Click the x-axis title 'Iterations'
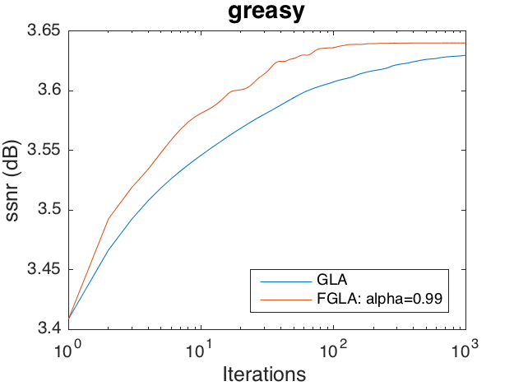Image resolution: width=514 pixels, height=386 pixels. coord(265,374)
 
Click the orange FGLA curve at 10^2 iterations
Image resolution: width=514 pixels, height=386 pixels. coord(332,48)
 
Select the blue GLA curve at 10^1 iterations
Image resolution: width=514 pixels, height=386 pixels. coord(200,153)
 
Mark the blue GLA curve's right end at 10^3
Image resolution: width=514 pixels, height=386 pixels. coord(465,55)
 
